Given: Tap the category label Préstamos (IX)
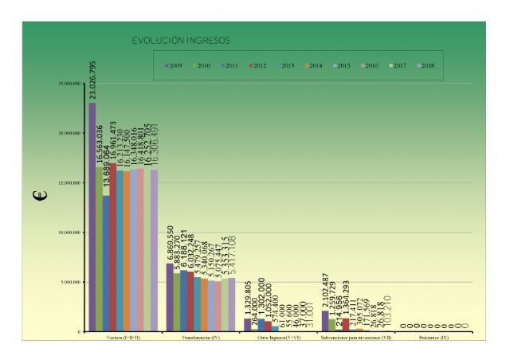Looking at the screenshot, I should [x=433, y=338].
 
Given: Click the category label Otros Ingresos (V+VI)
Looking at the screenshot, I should [x=278, y=338].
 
